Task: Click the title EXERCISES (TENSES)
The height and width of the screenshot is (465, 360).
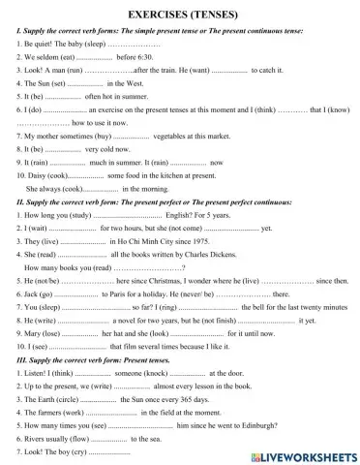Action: (x=180, y=16)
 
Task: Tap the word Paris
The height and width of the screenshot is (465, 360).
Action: (x=119, y=293)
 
